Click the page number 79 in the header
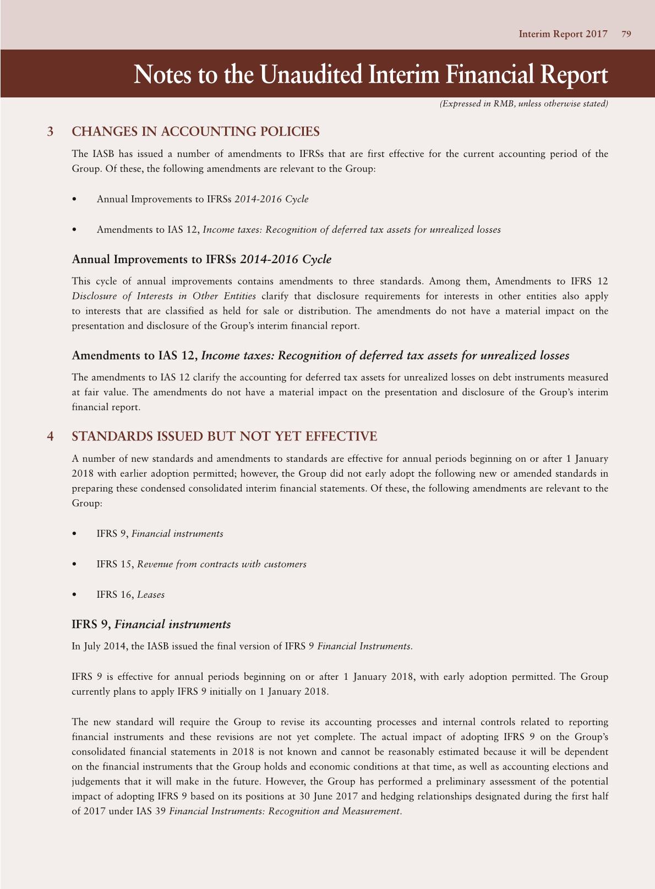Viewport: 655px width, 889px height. [626, 34]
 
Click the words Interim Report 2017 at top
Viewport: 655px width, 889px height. [563, 34]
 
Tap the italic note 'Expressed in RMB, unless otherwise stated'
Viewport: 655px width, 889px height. [523, 103]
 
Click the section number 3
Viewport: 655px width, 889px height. [51, 132]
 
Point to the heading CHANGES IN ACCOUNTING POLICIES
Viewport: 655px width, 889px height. [195, 132]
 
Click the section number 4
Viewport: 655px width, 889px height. [51, 437]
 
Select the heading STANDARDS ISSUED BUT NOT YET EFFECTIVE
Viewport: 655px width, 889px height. [224, 437]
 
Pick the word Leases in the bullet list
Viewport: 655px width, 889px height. [151, 595]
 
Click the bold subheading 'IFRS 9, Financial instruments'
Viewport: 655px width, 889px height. [151, 624]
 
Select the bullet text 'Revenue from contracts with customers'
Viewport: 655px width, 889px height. [221, 564]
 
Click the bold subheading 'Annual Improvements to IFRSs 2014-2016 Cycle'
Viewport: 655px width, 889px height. [201, 259]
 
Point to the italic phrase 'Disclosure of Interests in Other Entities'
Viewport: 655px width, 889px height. [163, 296]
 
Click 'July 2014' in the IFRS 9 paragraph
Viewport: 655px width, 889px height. [104, 646]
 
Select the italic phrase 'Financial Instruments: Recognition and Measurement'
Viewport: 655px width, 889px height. [284, 811]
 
